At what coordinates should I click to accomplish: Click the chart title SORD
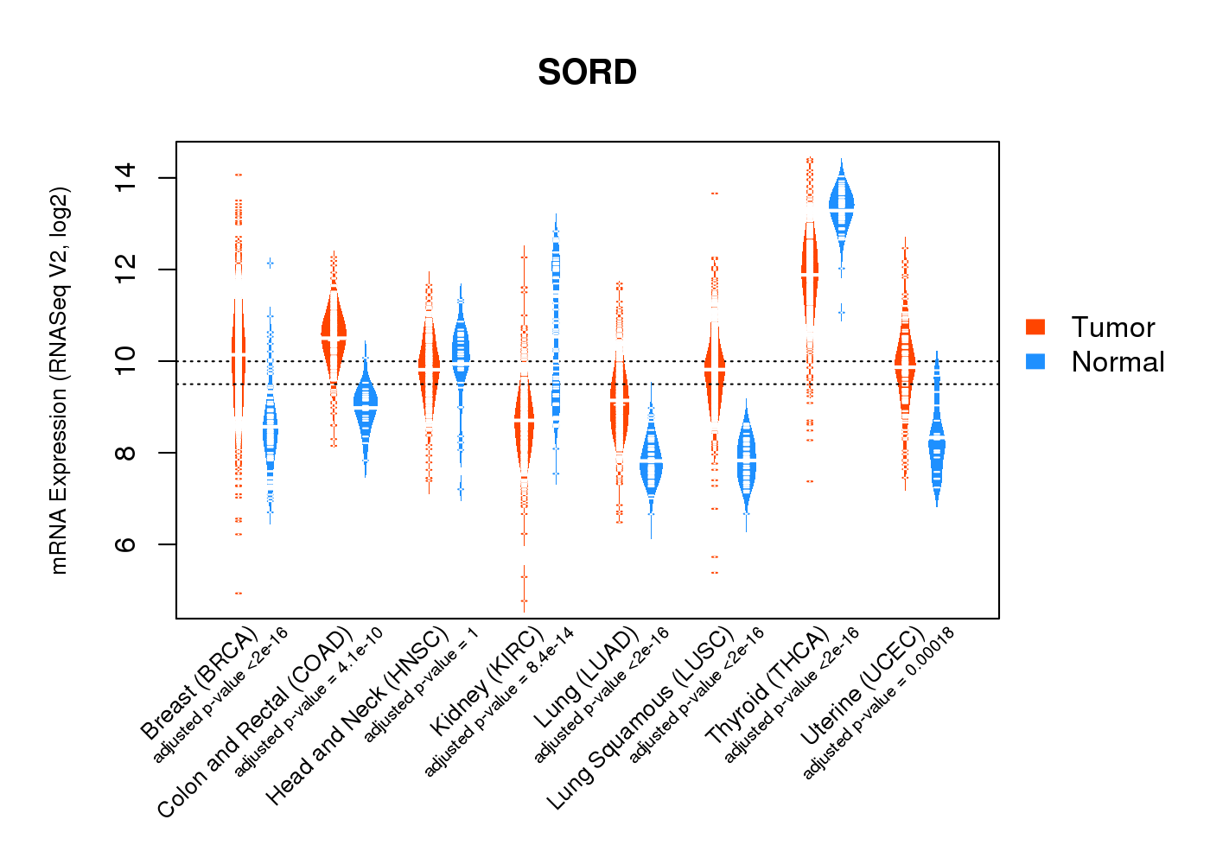[x=587, y=73]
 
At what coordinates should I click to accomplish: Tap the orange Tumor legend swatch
[x=1035, y=327]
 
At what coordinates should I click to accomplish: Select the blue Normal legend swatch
[x=1035, y=361]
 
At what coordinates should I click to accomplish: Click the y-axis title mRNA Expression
[x=59, y=380]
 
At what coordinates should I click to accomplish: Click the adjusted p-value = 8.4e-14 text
[x=499, y=702]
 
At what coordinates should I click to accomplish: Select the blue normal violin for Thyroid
[x=841, y=207]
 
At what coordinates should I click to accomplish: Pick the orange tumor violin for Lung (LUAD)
[x=619, y=406]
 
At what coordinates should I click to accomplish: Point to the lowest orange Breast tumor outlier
[x=239, y=593]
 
